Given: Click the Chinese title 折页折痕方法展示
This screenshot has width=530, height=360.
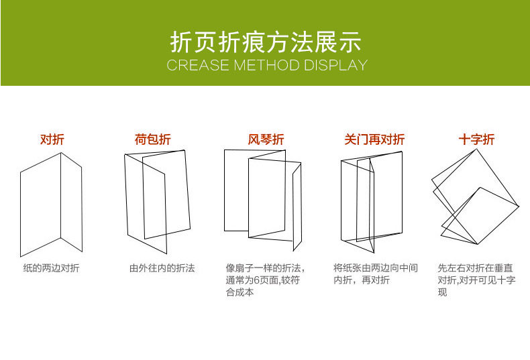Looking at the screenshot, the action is pyautogui.click(x=266, y=42).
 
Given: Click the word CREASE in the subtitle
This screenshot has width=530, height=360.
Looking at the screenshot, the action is pyautogui.click(x=198, y=65).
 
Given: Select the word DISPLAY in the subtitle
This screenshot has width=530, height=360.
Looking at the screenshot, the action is pyautogui.click(x=335, y=65).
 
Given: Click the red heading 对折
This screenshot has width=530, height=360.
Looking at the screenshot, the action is pyautogui.click(x=52, y=139).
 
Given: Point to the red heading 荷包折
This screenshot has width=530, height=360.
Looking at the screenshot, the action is pyautogui.click(x=153, y=139).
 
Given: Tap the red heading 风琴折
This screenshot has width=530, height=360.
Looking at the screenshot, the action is pyautogui.click(x=266, y=139).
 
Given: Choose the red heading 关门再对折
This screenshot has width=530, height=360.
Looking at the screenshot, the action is pyautogui.click(x=374, y=139).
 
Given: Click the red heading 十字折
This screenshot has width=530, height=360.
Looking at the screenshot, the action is pyautogui.click(x=476, y=139).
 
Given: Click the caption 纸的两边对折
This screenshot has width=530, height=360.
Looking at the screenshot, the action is pyautogui.click(x=52, y=268).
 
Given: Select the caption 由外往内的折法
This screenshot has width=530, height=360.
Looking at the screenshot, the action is pyautogui.click(x=162, y=268).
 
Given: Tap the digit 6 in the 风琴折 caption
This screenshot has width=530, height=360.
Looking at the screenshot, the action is pyautogui.click(x=256, y=280).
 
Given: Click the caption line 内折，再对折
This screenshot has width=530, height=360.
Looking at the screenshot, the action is pyautogui.click(x=362, y=280).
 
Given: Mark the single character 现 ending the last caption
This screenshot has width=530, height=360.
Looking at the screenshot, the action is pyautogui.click(x=443, y=292).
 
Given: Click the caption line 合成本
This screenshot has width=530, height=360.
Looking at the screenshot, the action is pyautogui.click(x=240, y=292).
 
